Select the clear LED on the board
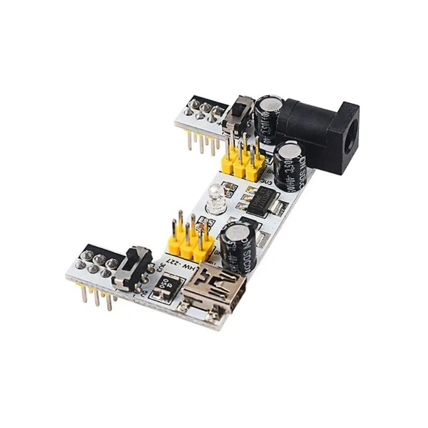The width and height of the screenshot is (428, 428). [216, 198]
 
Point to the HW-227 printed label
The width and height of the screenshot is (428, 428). [177, 264]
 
